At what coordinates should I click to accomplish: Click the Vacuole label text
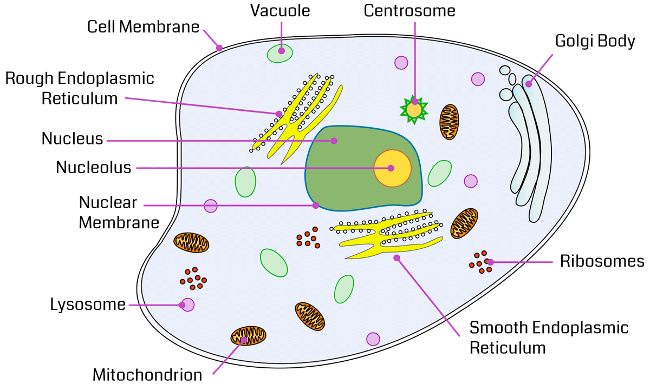(x=280, y=11)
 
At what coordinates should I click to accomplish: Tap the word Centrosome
(x=409, y=11)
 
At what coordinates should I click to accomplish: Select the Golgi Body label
(x=595, y=41)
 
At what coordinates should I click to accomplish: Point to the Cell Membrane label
(x=144, y=27)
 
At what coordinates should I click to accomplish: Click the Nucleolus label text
(x=94, y=168)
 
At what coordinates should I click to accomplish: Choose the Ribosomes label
(x=602, y=262)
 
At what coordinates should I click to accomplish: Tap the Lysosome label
(x=88, y=304)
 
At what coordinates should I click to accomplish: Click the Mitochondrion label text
(x=147, y=375)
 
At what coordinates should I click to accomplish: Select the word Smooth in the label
(x=499, y=328)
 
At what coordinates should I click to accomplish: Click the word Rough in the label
(x=30, y=78)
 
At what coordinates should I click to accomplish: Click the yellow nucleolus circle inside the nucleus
(x=392, y=168)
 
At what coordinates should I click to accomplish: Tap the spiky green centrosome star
(x=414, y=109)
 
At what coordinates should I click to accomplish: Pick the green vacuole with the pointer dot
(x=280, y=53)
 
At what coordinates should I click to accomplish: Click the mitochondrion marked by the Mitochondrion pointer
(x=249, y=336)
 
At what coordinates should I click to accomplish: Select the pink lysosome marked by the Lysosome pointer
(x=187, y=304)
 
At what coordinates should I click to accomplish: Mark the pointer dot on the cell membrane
(x=219, y=48)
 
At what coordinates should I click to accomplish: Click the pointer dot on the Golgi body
(x=529, y=84)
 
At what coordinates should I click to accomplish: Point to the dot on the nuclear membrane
(x=316, y=206)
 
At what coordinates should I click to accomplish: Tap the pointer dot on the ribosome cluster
(x=490, y=262)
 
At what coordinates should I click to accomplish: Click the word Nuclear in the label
(x=108, y=203)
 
